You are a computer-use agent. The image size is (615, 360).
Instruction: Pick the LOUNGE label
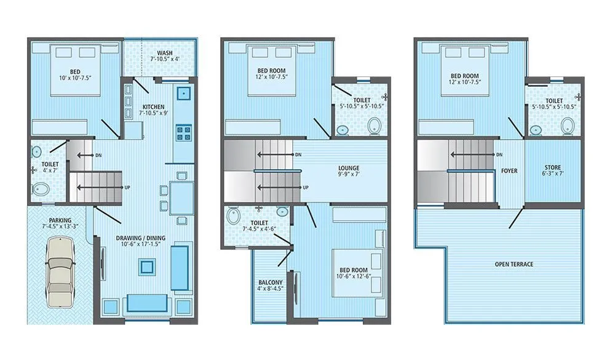coord(349,168)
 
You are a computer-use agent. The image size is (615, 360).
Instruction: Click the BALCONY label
coord(271,283)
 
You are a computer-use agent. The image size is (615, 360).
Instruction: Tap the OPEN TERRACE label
coord(514,265)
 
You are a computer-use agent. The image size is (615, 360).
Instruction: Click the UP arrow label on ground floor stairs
coord(126,187)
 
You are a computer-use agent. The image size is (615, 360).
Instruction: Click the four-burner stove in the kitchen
coord(183,132)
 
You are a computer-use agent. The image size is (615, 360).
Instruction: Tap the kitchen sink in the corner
coord(183,94)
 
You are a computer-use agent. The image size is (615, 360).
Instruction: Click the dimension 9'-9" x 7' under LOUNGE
coord(349,175)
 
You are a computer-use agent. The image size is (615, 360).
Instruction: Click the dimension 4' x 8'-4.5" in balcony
coord(271,290)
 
